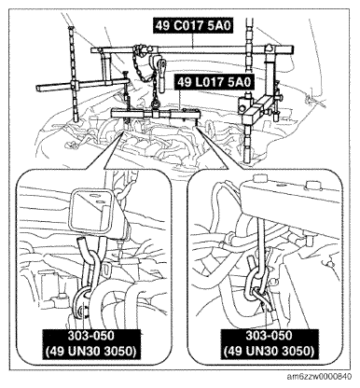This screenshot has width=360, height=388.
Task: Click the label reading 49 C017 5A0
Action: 193,25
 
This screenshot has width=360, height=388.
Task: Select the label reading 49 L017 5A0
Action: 214,82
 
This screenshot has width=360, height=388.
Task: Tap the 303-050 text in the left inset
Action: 91,336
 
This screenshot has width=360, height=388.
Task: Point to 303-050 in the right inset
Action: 270,336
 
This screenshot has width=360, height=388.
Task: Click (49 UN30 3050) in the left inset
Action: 91,352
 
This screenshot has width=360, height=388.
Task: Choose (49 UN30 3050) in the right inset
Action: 269,352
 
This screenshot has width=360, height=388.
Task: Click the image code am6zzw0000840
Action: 320,377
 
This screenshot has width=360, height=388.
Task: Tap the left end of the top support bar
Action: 92,50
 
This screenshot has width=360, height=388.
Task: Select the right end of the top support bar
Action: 292,49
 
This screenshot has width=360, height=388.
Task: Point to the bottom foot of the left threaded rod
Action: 76,118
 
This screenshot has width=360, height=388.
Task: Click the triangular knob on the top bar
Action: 268,48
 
